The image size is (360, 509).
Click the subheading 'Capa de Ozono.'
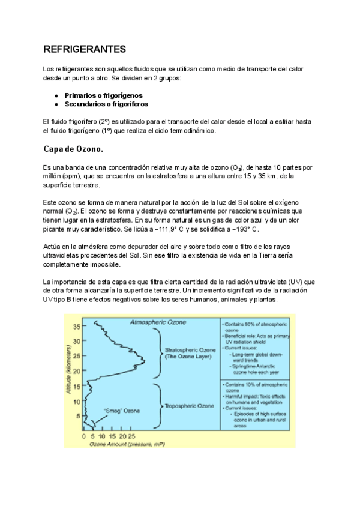[74, 149]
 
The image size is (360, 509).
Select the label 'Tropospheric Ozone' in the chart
[189, 406]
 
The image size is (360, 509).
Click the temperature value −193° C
[243, 230]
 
